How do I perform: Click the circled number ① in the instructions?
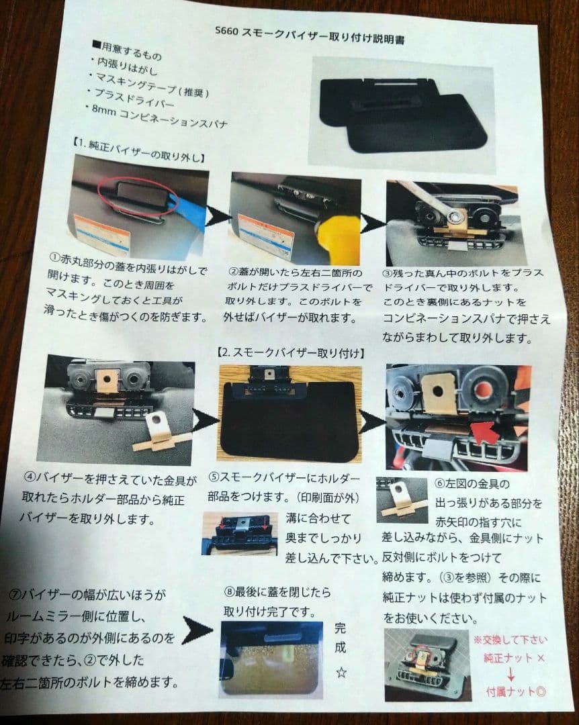[x=56, y=256]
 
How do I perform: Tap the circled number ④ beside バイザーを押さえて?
[x=30, y=479]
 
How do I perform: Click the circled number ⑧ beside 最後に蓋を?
[x=230, y=592]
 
